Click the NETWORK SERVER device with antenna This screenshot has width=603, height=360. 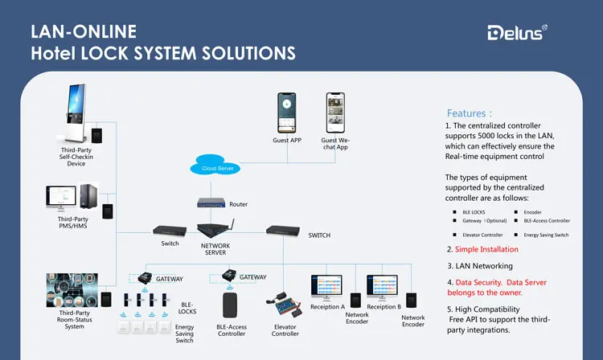[x=215, y=231]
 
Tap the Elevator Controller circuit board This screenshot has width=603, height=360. [x=287, y=308]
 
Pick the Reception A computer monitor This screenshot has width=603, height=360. [x=326, y=288]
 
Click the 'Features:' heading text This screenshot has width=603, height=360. [x=470, y=113]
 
